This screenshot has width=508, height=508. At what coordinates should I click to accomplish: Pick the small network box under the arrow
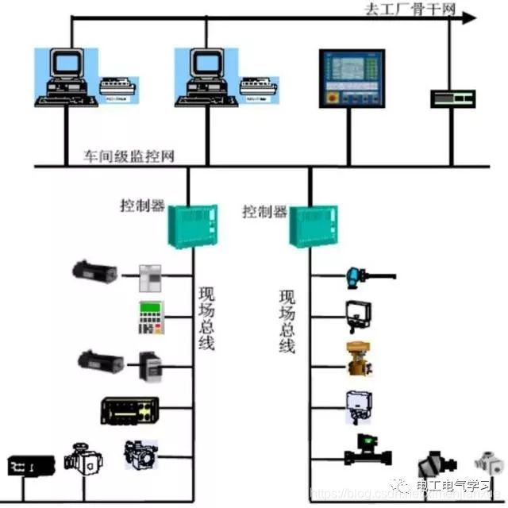pyautogui.click(x=452, y=98)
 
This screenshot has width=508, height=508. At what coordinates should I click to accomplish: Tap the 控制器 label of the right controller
pyautogui.click(x=264, y=212)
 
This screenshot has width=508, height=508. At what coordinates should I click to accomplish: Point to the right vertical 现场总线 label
pyautogui.click(x=287, y=322)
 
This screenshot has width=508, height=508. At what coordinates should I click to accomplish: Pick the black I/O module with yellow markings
pyautogui.click(x=129, y=410)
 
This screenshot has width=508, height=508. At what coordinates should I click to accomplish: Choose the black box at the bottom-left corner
pyautogui.click(x=31, y=465)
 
